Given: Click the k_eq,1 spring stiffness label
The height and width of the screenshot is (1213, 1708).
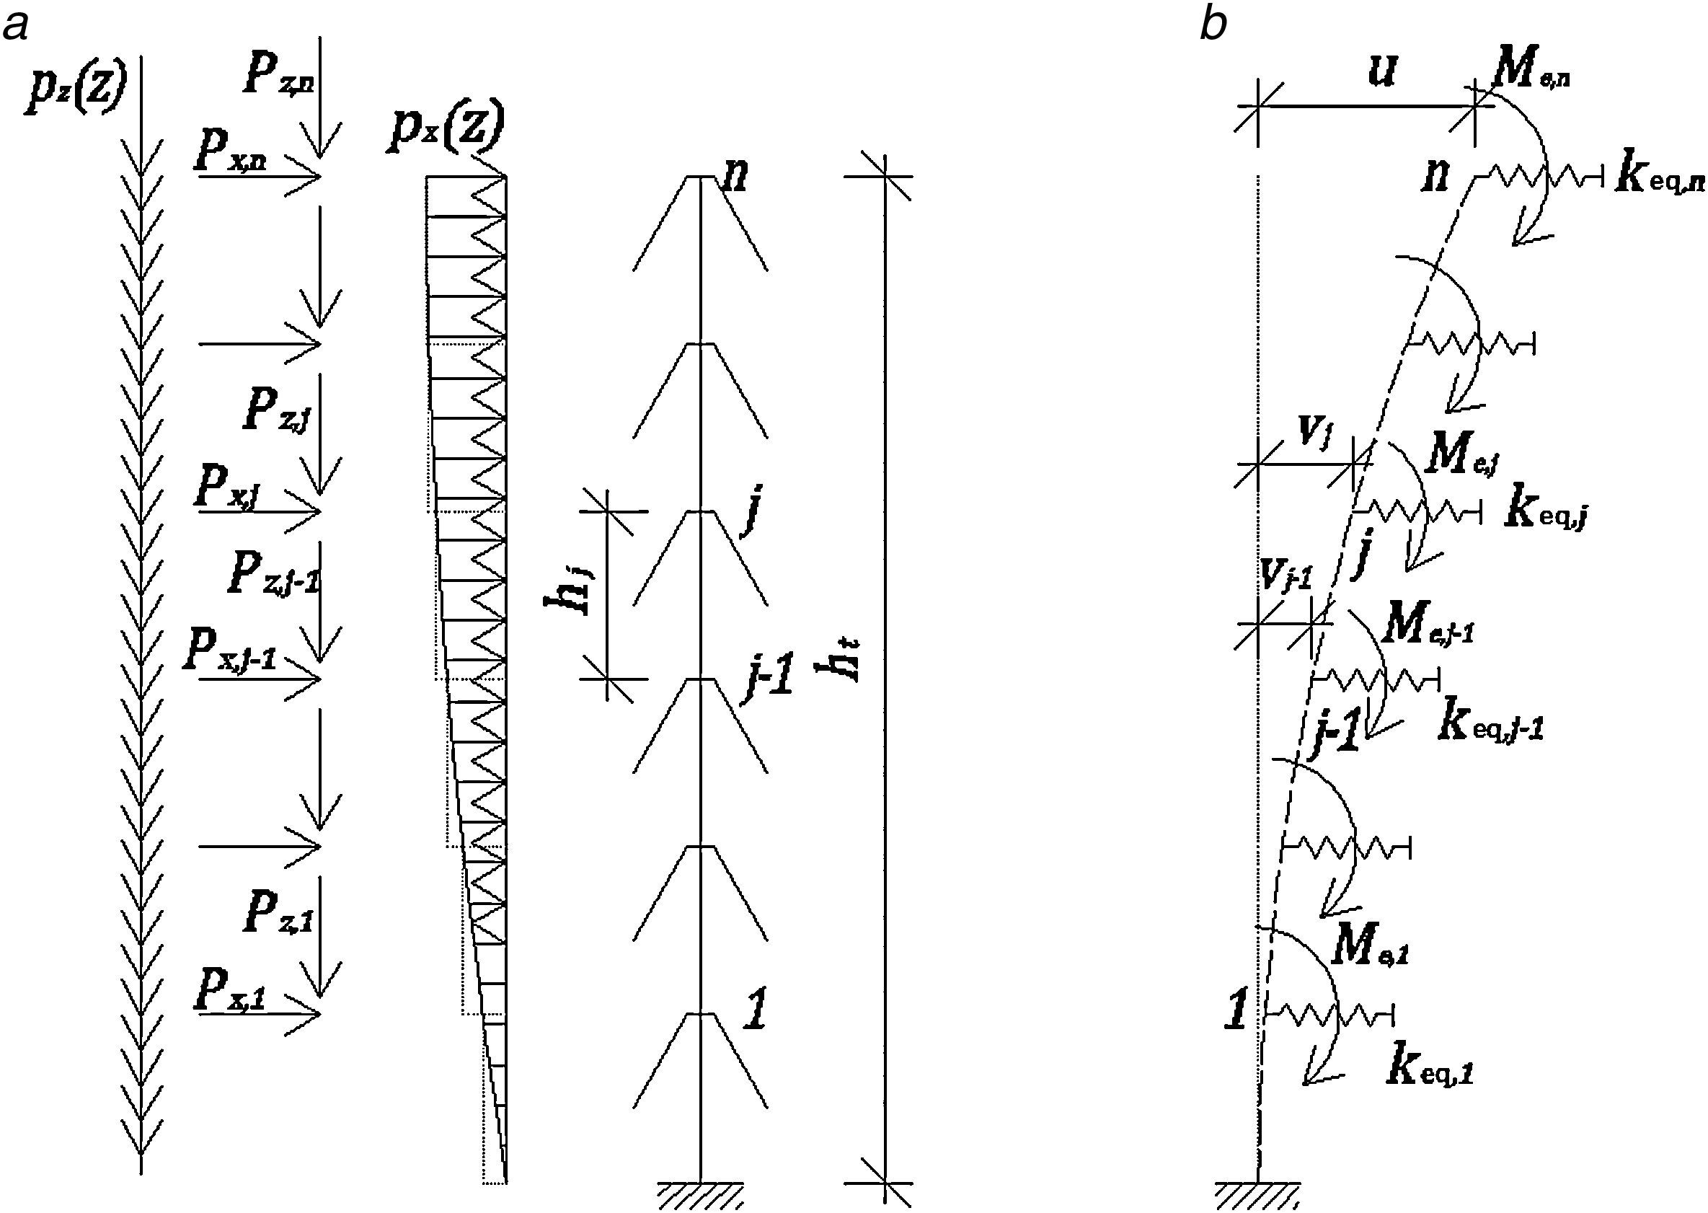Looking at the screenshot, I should (1430, 1071).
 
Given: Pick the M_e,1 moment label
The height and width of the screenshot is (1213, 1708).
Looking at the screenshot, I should (1369, 949).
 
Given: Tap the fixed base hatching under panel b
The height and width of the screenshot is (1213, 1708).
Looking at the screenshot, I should (1258, 1197).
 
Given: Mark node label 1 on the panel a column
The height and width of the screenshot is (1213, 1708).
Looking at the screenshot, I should (755, 1013).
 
